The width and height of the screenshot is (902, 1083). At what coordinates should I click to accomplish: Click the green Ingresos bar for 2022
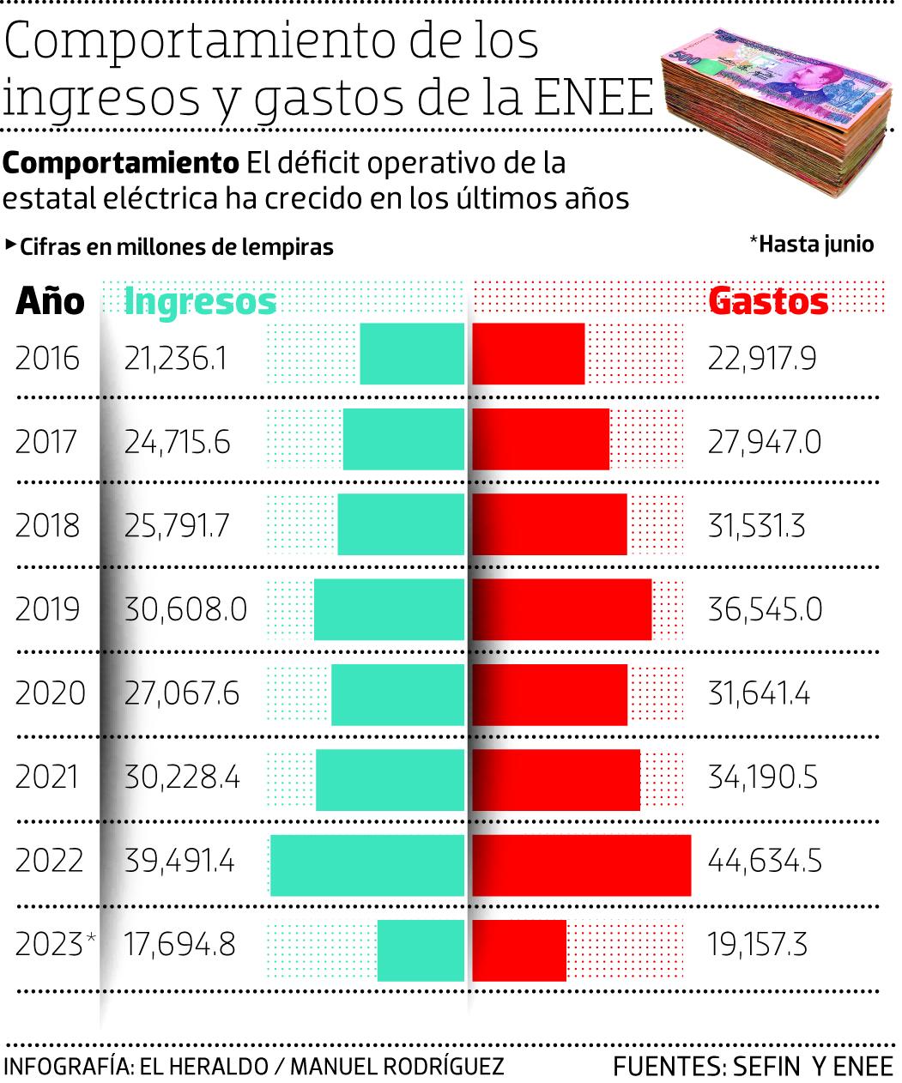click(367, 865)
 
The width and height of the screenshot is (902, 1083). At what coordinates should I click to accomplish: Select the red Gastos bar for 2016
click(529, 354)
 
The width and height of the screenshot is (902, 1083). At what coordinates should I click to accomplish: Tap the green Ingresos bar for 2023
click(421, 950)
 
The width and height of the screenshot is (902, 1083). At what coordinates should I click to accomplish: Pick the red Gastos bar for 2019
click(562, 609)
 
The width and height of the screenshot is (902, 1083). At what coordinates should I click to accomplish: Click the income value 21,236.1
click(176, 358)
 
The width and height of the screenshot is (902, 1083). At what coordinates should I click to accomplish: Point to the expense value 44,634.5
click(765, 861)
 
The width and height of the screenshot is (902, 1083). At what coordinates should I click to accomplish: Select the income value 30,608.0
click(185, 609)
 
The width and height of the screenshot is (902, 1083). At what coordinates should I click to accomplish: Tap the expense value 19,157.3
click(758, 945)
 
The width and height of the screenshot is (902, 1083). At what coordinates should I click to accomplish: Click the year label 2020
click(50, 693)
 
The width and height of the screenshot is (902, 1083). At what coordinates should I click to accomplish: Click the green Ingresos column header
click(200, 301)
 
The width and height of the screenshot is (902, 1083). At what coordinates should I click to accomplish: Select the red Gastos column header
click(768, 301)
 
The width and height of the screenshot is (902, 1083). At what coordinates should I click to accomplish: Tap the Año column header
click(50, 301)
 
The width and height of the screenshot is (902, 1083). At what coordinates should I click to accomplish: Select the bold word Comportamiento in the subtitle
click(121, 162)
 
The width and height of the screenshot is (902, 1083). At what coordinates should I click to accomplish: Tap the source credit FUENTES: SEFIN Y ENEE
click(753, 1066)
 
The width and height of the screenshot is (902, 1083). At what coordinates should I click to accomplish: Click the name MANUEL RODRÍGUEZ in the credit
click(397, 1066)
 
